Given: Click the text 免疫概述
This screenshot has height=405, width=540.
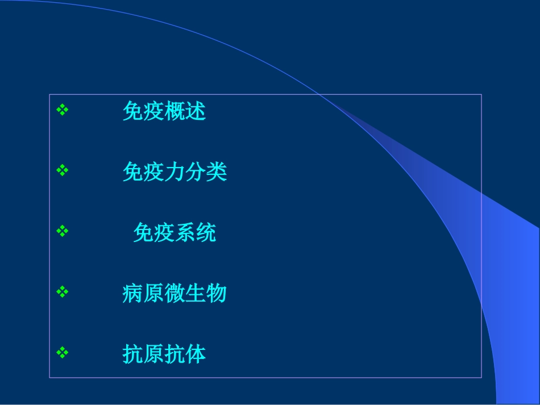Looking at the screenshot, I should [x=164, y=111].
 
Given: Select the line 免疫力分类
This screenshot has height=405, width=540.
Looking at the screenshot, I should [x=175, y=172].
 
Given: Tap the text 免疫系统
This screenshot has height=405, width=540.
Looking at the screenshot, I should [x=175, y=232].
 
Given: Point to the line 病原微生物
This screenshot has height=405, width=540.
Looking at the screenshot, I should [x=175, y=293].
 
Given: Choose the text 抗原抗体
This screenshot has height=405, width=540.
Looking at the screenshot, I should [x=164, y=354].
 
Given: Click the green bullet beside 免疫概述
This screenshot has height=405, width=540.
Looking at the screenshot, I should [x=63, y=110].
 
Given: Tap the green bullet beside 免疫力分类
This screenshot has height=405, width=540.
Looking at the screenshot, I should [x=63, y=170].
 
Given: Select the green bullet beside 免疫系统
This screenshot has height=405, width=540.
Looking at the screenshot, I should [x=63, y=231].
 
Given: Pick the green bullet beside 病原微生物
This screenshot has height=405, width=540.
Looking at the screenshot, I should [x=63, y=292].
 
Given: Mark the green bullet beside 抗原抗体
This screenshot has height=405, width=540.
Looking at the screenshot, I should [x=63, y=353].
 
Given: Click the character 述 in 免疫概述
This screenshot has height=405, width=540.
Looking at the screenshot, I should [x=196, y=111].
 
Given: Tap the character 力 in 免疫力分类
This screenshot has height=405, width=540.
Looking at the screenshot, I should [x=175, y=172].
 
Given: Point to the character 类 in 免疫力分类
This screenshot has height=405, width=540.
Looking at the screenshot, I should [x=217, y=172].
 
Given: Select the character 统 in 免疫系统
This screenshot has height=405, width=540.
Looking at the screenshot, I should [x=206, y=232].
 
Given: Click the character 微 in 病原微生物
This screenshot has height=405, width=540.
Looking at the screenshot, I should [x=175, y=293].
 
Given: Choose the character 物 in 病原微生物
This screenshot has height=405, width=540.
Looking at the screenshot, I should [x=217, y=293].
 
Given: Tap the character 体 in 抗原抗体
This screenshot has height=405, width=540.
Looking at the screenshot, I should [x=196, y=354].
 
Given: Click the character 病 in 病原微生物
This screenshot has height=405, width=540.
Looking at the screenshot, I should [x=132, y=293].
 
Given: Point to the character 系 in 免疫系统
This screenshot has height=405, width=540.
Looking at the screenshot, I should [x=185, y=232].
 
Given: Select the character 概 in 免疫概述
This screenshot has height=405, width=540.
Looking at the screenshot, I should [x=175, y=111].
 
